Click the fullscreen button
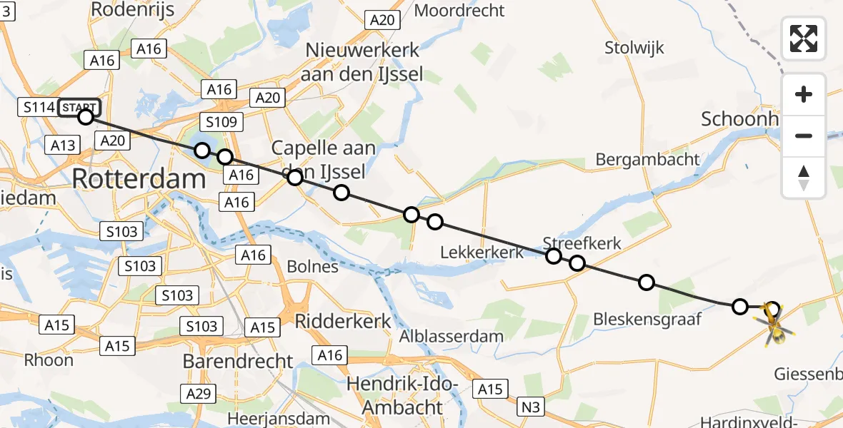point(804,39)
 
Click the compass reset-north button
point(804,178)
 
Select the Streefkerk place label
point(582,244)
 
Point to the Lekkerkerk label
point(482,253)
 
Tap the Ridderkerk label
point(343,320)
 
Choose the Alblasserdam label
point(452,336)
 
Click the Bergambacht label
point(647,159)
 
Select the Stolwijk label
point(634,48)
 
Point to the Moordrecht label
point(459,11)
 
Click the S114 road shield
point(37,108)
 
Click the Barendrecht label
point(238,361)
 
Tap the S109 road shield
point(220,122)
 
